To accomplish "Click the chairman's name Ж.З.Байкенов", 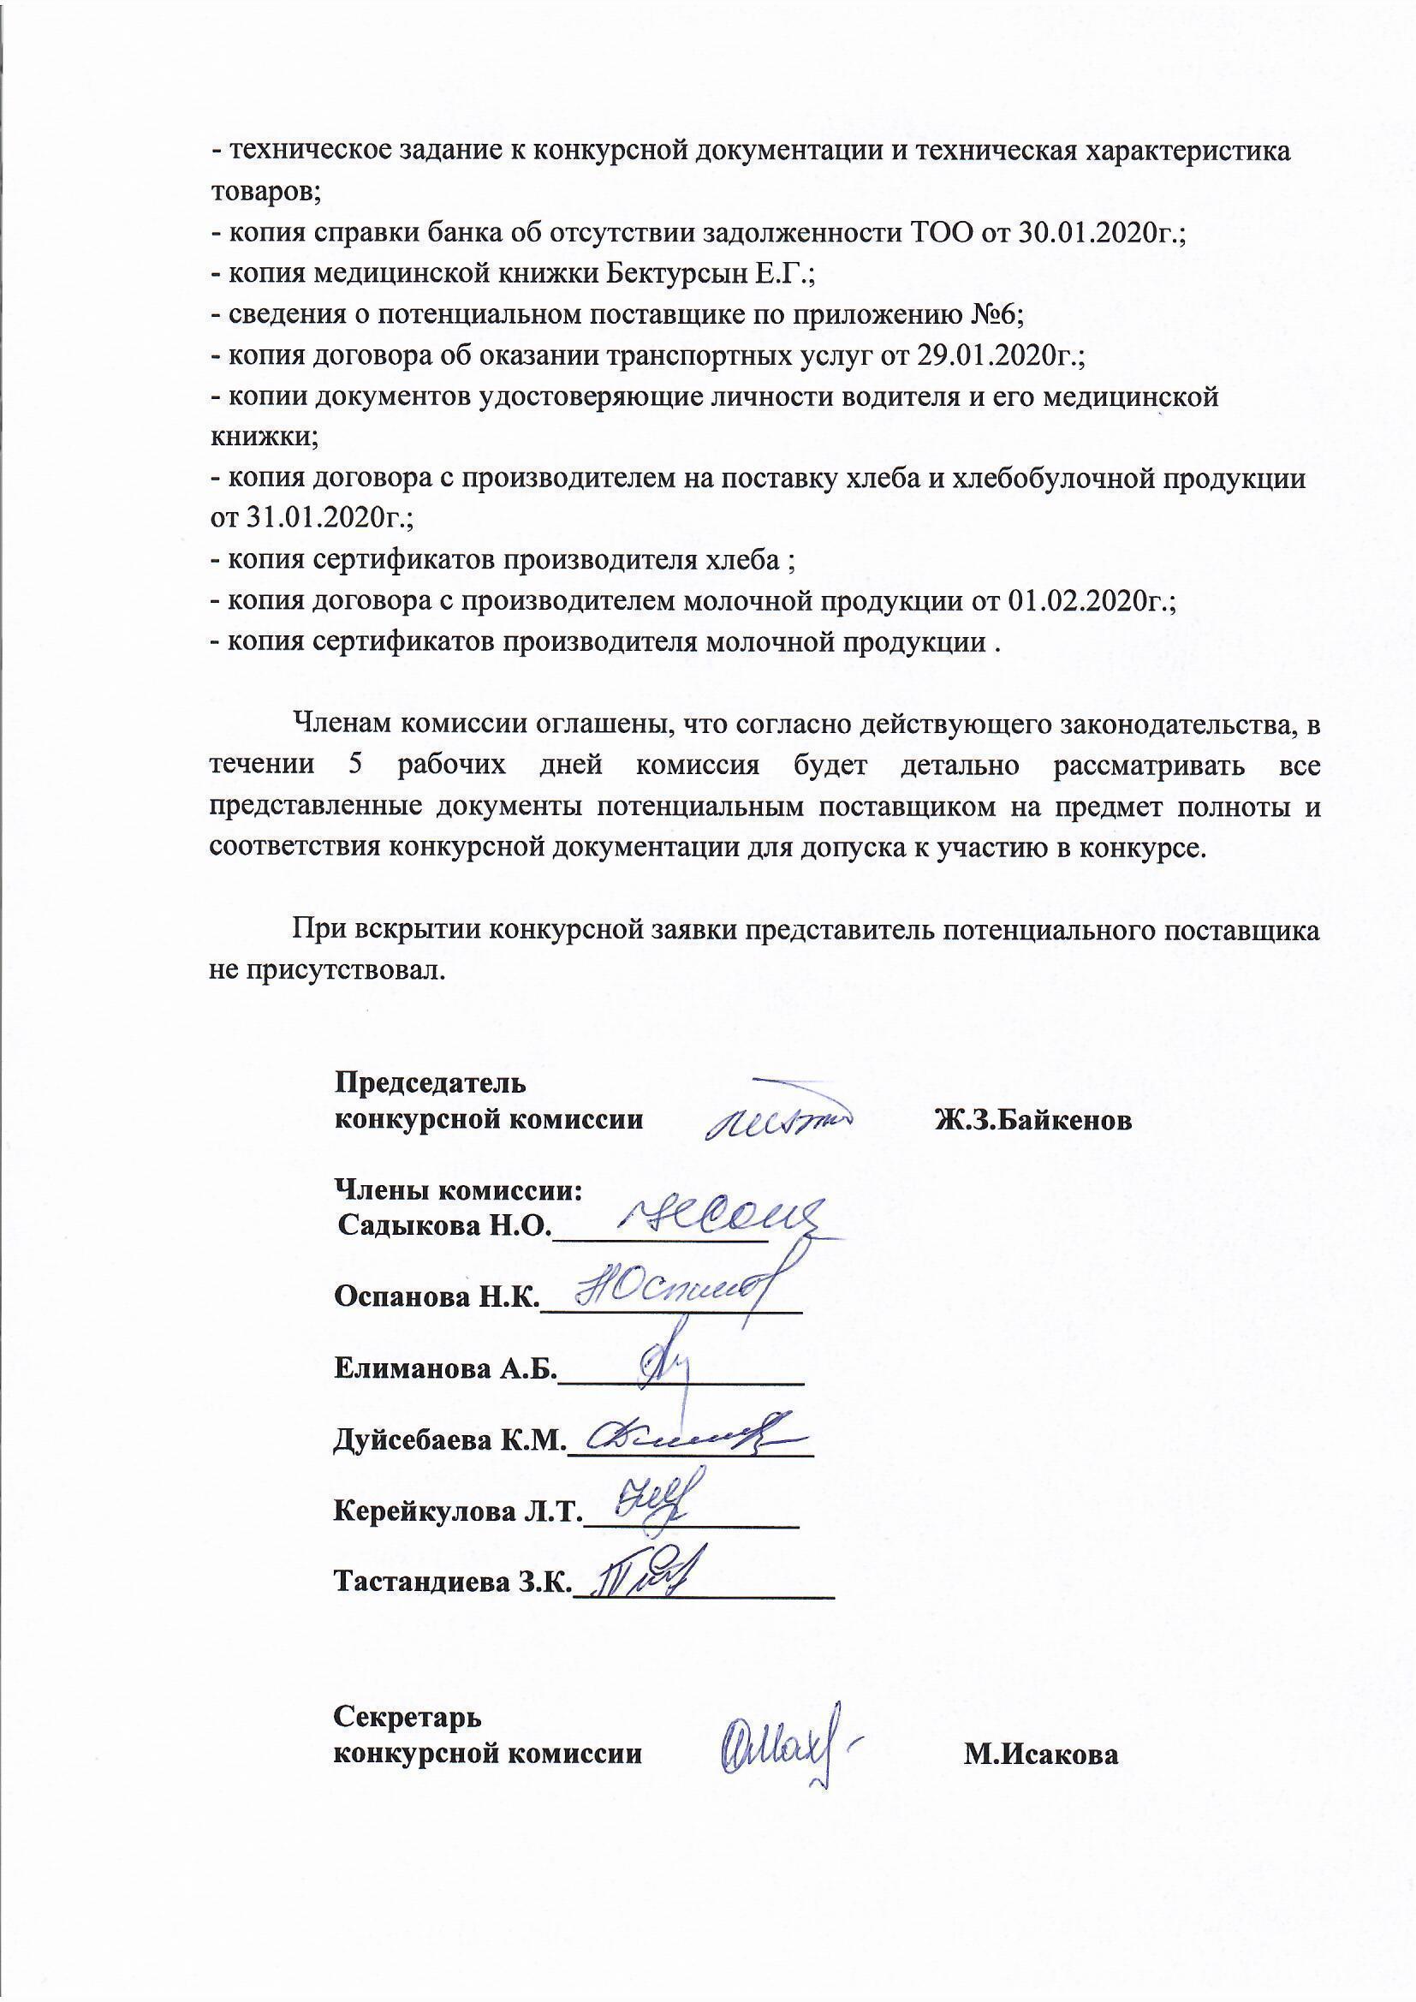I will [1033, 1119].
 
